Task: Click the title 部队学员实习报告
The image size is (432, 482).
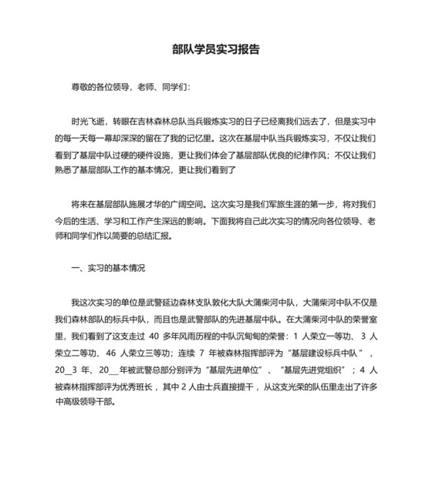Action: pos(215,49)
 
